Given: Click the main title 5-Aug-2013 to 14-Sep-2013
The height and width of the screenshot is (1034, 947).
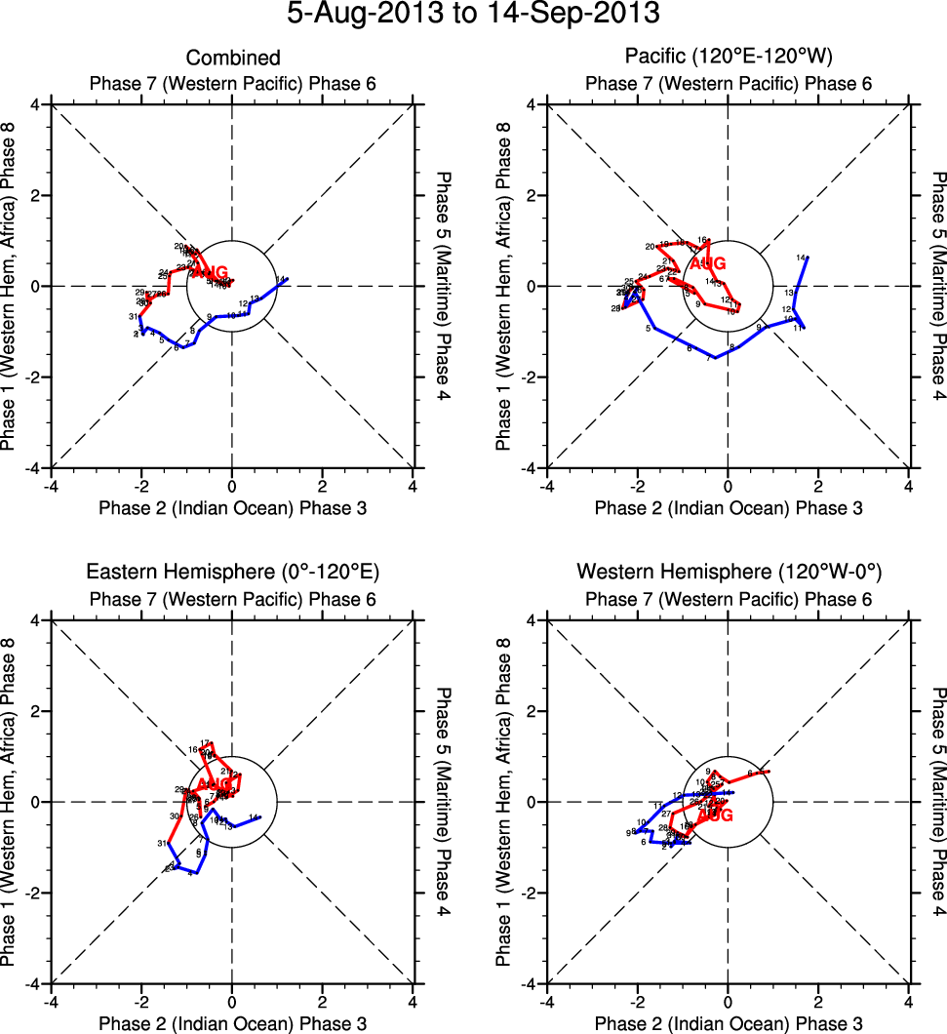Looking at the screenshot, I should click(473, 15).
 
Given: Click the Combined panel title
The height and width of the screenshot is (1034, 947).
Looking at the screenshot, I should click(233, 59).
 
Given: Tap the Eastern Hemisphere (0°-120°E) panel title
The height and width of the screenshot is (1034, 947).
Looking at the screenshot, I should click(233, 572).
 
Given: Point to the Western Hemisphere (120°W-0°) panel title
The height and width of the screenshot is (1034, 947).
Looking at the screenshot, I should click(729, 571).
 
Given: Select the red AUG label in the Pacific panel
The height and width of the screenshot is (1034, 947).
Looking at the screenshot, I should click(708, 263).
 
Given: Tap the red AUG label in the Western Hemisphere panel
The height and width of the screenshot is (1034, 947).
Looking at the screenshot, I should click(715, 815).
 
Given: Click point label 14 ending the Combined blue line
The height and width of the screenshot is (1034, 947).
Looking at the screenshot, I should click(280, 280).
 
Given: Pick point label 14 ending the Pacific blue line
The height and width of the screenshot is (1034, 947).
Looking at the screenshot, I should click(801, 258).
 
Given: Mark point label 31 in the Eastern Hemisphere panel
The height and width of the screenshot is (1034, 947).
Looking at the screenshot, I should click(161, 843).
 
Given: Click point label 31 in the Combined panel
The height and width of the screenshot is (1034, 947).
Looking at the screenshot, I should click(132, 317).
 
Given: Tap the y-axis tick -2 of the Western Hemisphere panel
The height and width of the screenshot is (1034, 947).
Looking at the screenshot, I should click(533, 893).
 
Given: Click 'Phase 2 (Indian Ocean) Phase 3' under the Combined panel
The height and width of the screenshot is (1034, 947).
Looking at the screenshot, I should click(233, 507).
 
